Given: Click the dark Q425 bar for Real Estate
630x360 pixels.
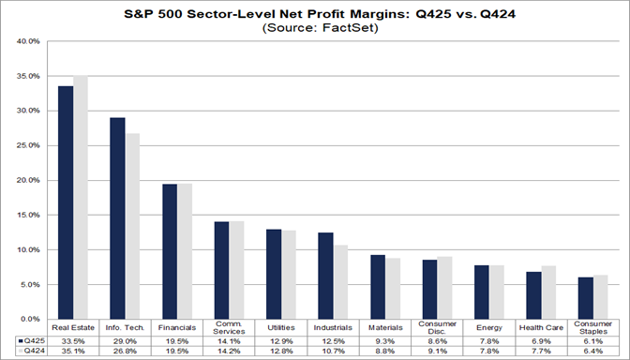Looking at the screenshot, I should tap(66, 202).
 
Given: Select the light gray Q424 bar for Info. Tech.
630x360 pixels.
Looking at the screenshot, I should tap(132, 226).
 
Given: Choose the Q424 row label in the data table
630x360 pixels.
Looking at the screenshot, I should tap(27, 352).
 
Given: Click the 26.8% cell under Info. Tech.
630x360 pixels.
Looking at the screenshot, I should tap(125, 352).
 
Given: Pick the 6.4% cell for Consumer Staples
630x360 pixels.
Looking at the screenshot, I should tap(591, 352).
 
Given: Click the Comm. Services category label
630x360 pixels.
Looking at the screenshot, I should tap(229, 329).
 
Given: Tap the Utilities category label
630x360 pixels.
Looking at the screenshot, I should tap(280, 327).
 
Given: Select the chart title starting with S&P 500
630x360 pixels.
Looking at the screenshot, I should tap(316, 13).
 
